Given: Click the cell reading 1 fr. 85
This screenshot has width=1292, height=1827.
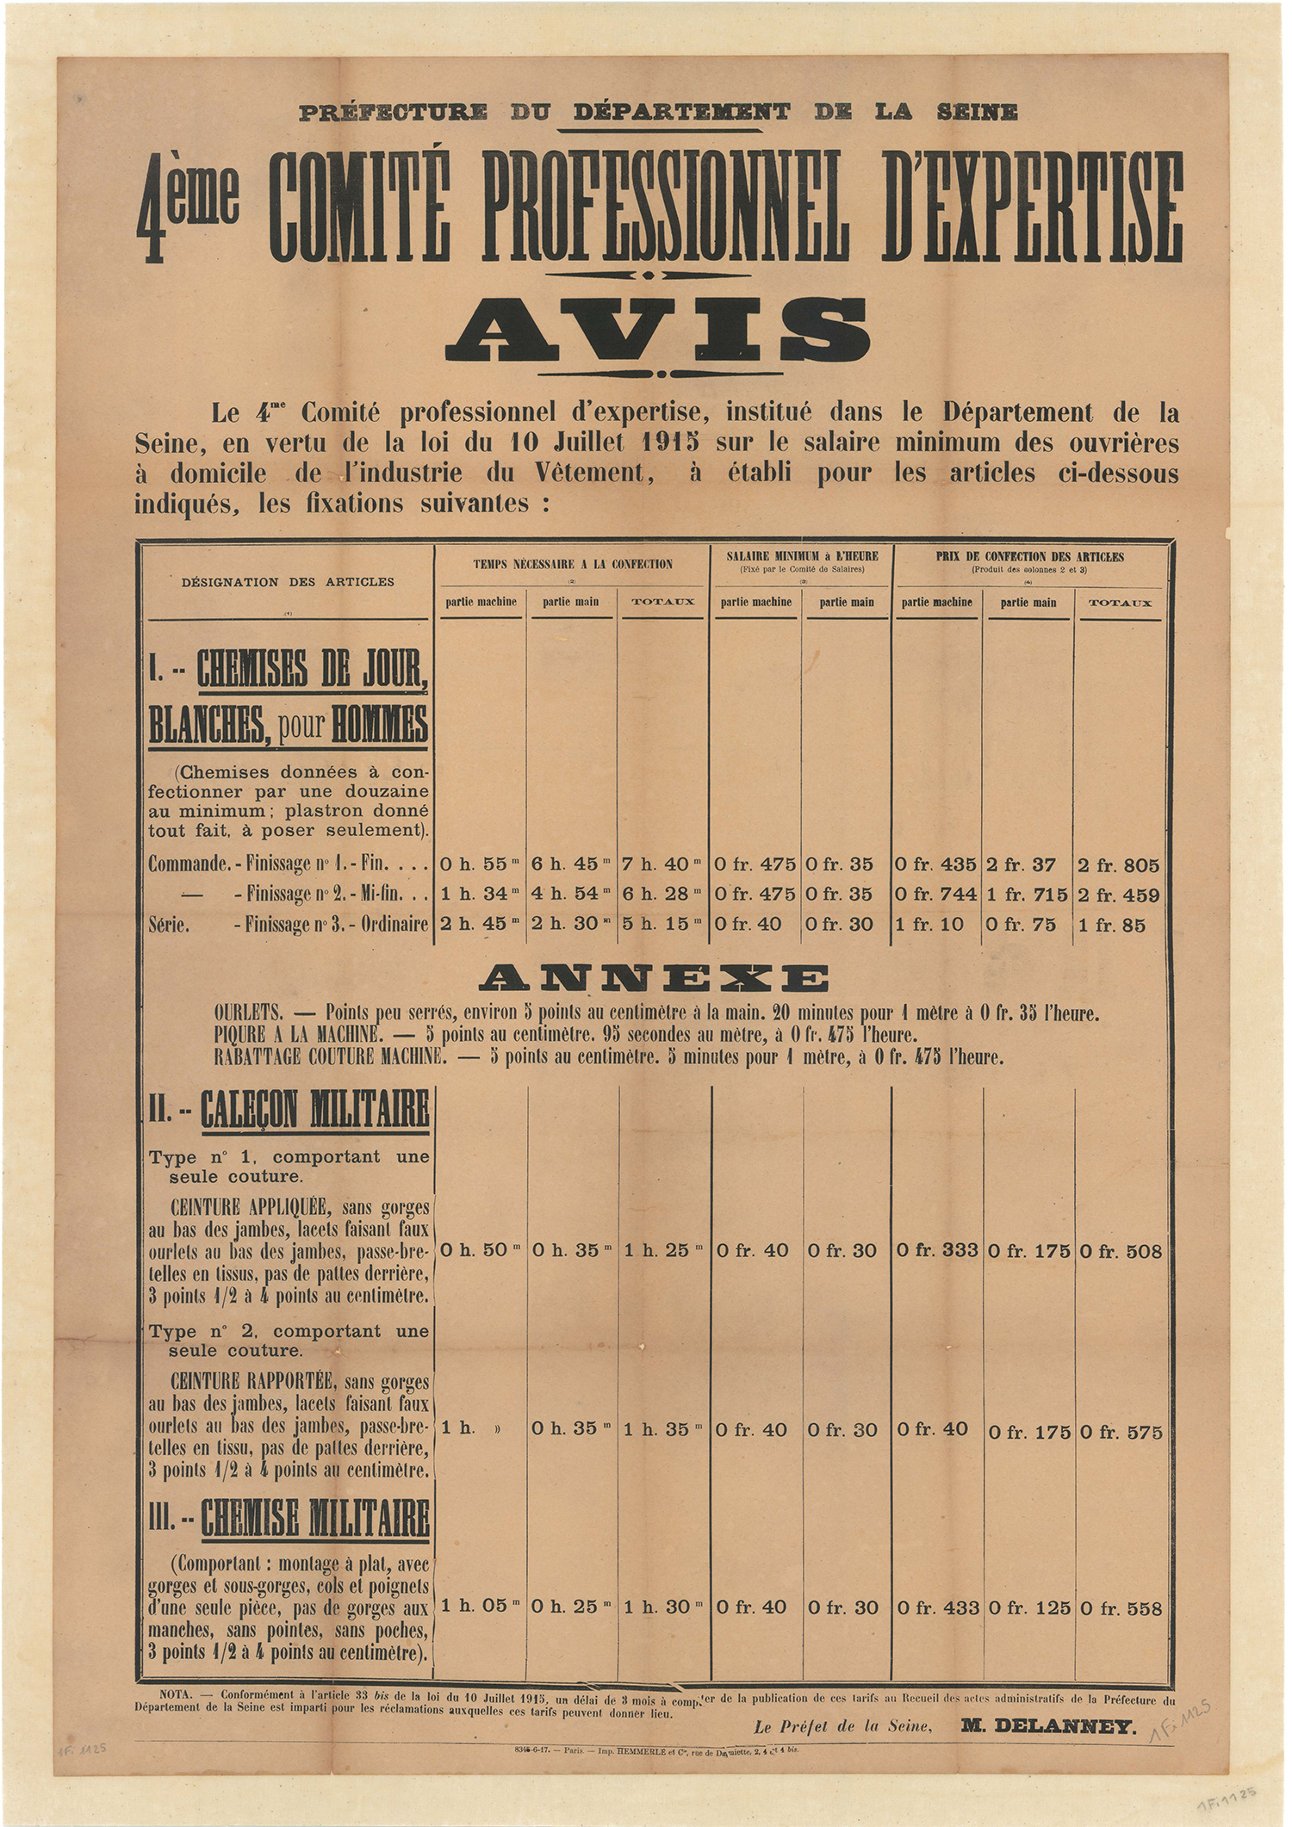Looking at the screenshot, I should [x=1112, y=925].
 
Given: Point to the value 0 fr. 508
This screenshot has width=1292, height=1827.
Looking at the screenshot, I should [x=1120, y=1250].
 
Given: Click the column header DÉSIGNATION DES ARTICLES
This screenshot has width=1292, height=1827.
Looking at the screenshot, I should [x=288, y=582].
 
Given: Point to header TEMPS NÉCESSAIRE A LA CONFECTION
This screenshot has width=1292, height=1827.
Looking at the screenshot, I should [x=573, y=565].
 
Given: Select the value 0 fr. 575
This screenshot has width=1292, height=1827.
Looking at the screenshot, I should [x=1120, y=1431].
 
